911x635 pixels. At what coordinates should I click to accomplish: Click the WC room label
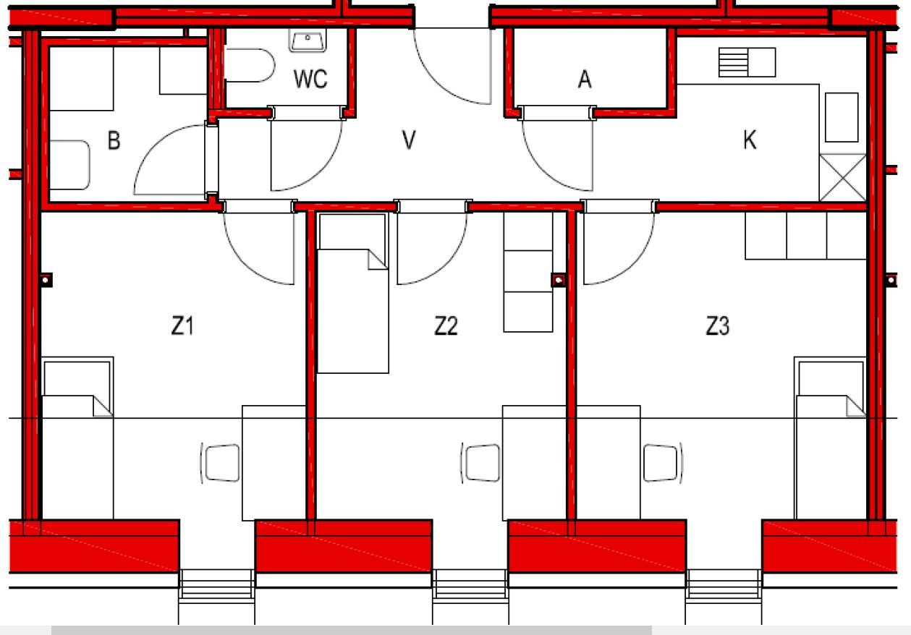click(310, 79)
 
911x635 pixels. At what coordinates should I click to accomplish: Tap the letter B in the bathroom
click(114, 140)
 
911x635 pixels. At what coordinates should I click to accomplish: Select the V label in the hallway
click(409, 140)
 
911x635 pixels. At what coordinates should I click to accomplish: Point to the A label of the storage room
click(585, 80)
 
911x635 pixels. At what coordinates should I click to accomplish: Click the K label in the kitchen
click(750, 140)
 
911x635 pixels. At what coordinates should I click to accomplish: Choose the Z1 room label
click(182, 325)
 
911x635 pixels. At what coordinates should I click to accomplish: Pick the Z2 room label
click(446, 325)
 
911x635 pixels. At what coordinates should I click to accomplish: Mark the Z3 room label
click(718, 325)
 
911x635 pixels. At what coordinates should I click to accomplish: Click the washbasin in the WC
click(308, 41)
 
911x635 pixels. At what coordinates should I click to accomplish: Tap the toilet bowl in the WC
click(250, 65)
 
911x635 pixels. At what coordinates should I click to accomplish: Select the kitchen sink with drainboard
click(747, 62)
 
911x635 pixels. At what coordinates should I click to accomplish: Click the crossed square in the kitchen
click(843, 178)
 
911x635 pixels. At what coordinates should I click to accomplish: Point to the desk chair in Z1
click(221, 464)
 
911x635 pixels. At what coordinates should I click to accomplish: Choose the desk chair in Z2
click(480, 464)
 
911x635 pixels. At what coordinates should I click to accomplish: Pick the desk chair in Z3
click(663, 464)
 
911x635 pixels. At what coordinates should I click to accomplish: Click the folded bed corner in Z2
click(378, 260)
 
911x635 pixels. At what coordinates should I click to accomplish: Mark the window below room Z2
click(470, 584)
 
